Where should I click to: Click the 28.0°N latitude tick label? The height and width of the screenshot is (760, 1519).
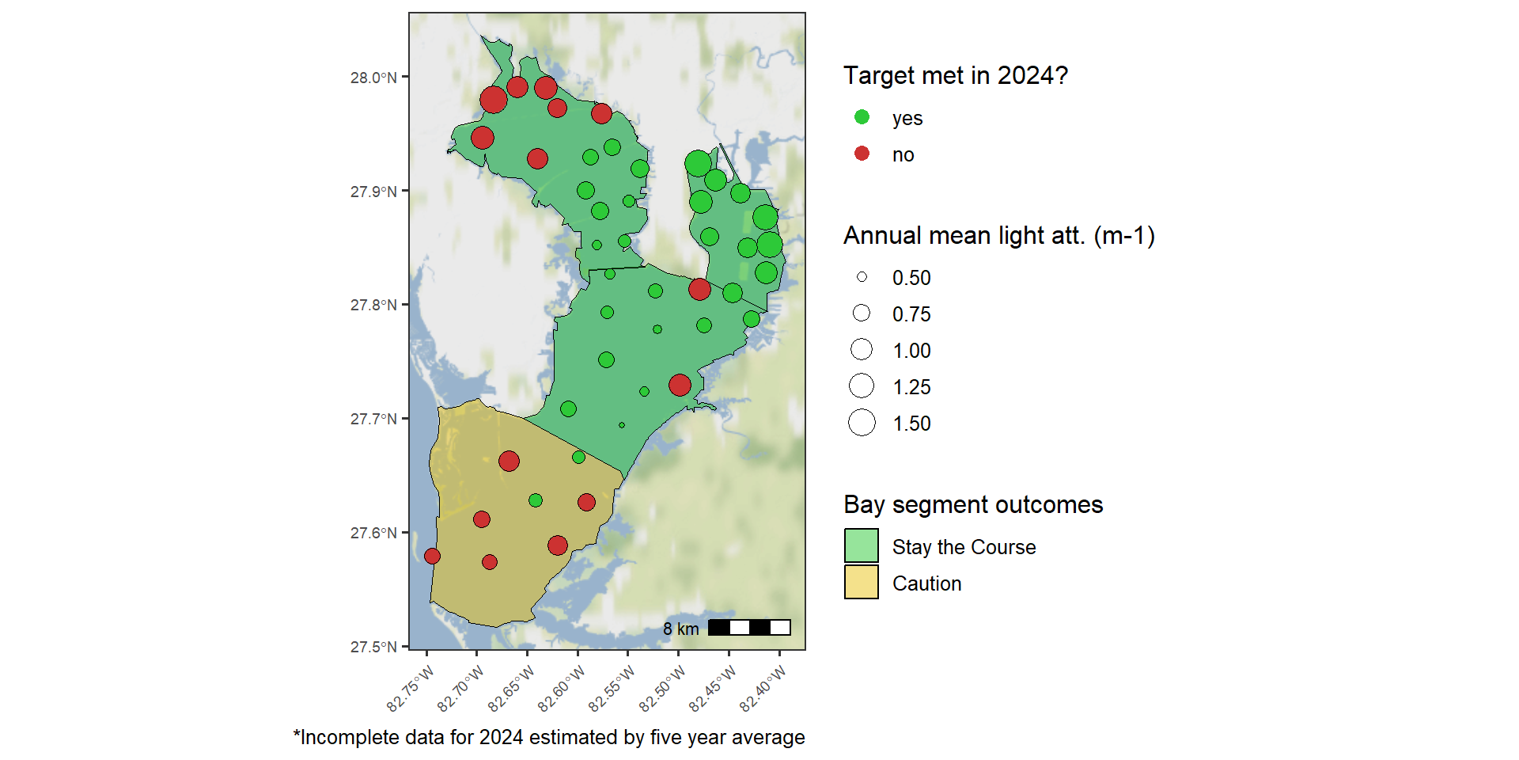373,78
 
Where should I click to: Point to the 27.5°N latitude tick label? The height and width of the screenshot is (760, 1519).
373,647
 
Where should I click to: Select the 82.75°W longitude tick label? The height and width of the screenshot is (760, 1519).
411,689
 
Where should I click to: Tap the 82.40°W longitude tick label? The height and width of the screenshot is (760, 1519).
763,689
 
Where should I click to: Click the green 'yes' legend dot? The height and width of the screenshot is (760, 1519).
862,117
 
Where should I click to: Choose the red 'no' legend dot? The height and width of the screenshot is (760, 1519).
862,154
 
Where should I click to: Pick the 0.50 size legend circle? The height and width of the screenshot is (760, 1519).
862,277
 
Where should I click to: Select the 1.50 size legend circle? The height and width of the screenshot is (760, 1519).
862,423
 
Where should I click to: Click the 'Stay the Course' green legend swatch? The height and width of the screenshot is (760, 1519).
862,546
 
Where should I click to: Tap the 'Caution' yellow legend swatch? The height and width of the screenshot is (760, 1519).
862,583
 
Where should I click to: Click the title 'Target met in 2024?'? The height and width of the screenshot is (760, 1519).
956,75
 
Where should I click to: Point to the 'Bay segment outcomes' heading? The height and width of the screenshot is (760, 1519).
973,504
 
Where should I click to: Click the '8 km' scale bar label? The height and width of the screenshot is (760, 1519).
681,629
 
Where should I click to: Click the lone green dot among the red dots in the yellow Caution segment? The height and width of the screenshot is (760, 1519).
536,500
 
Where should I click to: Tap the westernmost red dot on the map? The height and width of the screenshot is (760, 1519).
432,557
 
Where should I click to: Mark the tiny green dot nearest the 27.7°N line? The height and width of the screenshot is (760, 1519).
622,425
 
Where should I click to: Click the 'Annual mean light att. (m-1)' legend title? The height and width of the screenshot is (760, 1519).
999,236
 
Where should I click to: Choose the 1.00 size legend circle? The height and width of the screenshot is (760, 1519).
862,349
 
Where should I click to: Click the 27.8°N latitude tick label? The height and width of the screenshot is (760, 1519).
373,305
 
